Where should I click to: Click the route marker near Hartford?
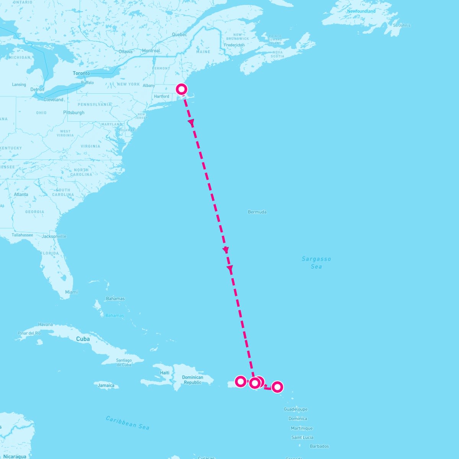(x=182, y=90)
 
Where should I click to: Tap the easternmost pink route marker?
(x=277, y=387)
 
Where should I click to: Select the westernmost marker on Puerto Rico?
(x=240, y=381)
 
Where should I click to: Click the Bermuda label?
(x=257, y=212)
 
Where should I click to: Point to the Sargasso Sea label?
(x=316, y=262)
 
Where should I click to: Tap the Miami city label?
(x=71, y=292)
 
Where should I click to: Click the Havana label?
(x=45, y=324)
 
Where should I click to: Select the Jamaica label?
(x=106, y=385)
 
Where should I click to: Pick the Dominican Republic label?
(x=192, y=380)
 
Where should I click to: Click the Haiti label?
(x=164, y=373)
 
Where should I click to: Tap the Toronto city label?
(x=81, y=73)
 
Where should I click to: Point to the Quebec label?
(x=179, y=34)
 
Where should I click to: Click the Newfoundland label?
(x=361, y=11)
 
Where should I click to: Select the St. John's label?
(x=402, y=25)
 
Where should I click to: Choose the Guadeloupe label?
(x=295, y=409)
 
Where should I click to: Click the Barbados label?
(x=319, y=446)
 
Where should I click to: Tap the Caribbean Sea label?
(x=127, y=422)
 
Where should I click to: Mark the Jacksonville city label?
(x=54, y=236)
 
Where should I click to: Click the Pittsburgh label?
(x=73, y=112)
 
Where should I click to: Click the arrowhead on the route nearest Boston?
(x=191, y=122)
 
